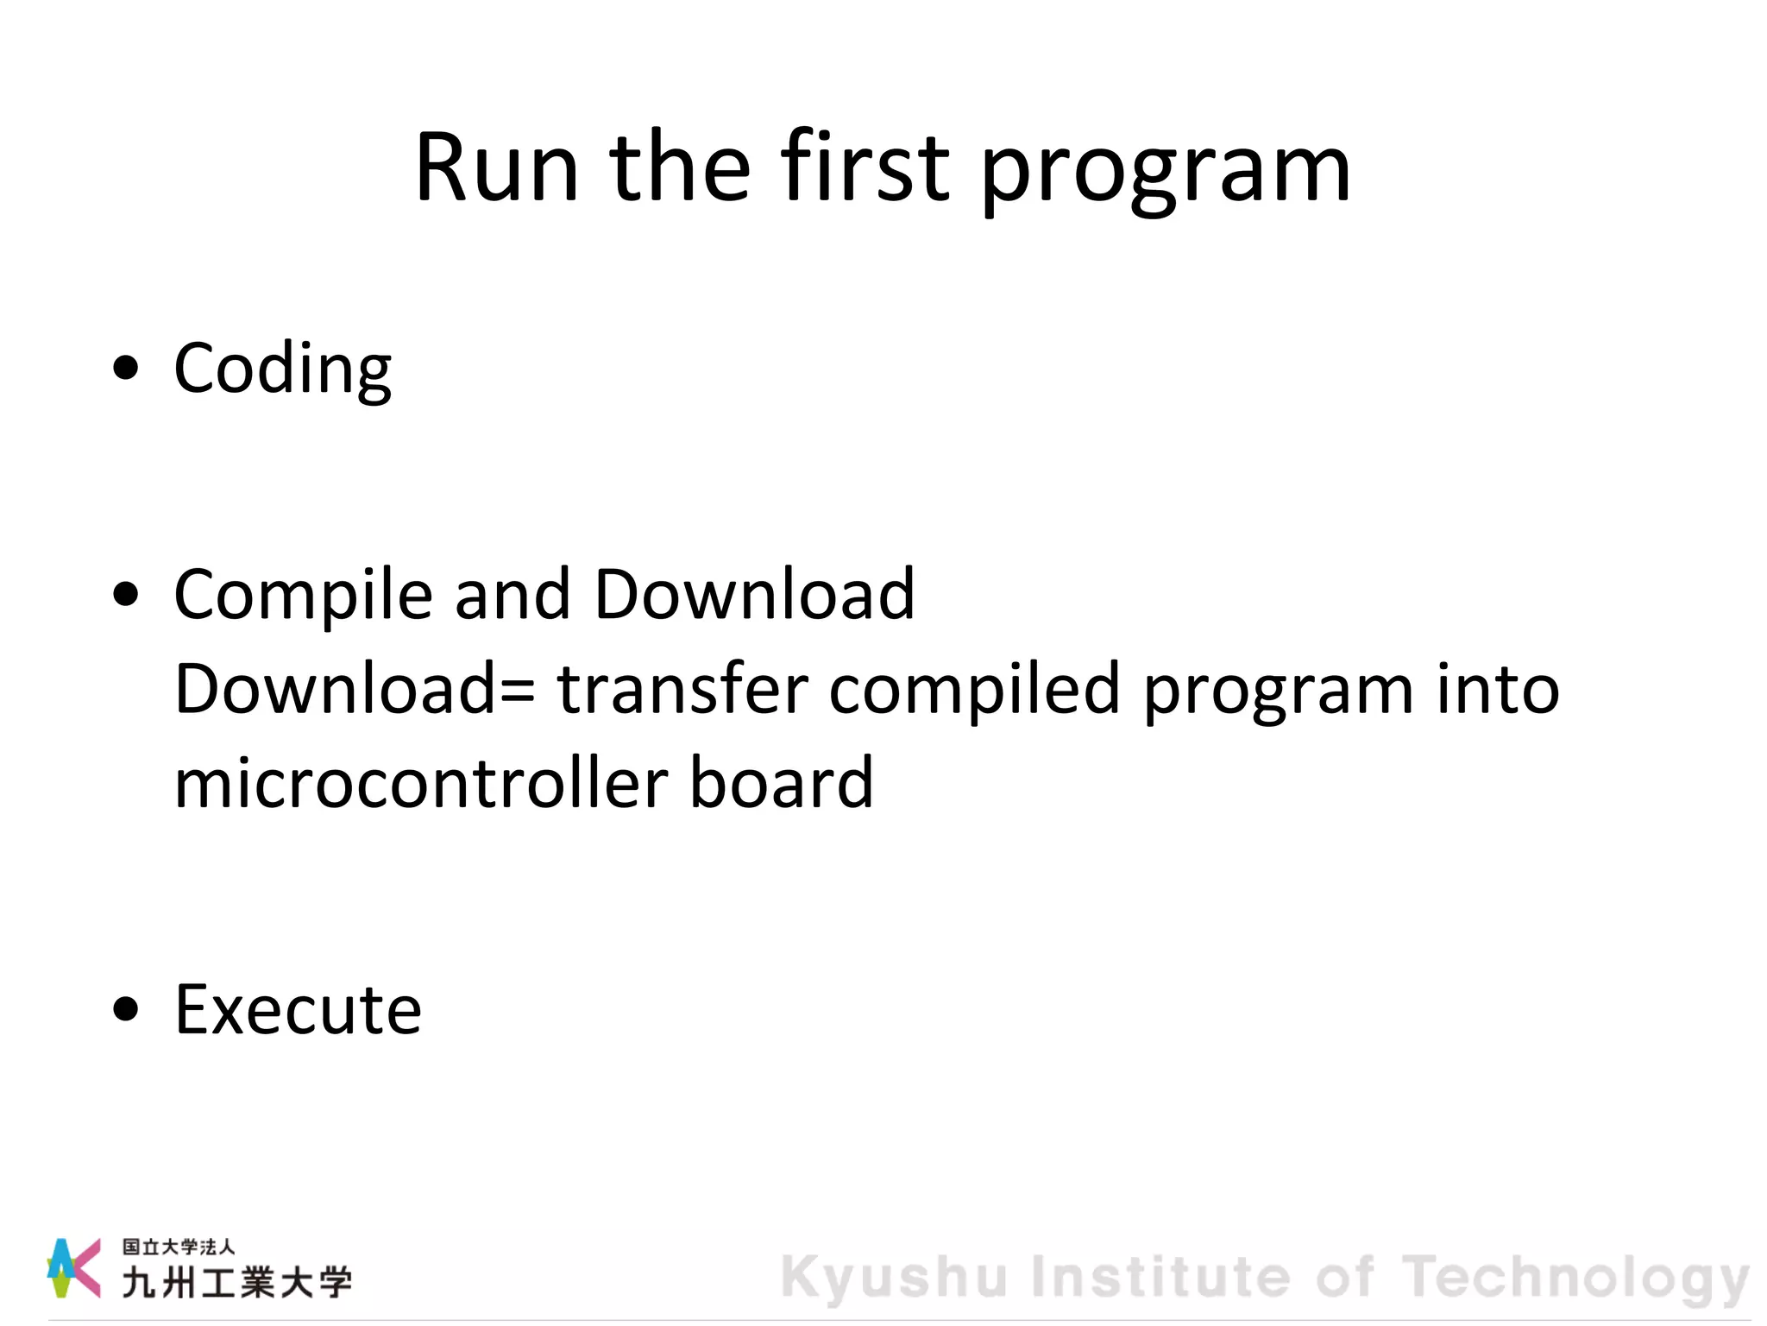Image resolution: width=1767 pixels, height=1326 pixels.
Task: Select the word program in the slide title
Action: click(x=1165, y=173)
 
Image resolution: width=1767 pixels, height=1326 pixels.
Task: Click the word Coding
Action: click(x=283, y=369)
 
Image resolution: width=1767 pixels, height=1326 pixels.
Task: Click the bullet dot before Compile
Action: click(x=126, y=595)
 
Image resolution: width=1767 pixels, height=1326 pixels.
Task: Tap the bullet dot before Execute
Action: click(x=126, y=1008)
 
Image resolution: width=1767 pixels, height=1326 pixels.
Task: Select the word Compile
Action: click(x=303, y=596)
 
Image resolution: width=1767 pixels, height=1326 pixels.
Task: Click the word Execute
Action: click(x=298, y=1009)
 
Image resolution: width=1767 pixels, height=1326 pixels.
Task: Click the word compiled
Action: click(x=974, y=691)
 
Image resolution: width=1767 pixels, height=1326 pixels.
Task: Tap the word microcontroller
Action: click(x=421, y=783)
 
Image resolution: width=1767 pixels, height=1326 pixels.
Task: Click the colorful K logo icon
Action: click(x=73, y=1267)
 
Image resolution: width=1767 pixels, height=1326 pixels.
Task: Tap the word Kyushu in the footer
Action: click(x=894, y=1278)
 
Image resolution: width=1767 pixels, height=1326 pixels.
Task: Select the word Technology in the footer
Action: click(x=1575, y=1279)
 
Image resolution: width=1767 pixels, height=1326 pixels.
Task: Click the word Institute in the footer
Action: click(x=1160, y=1277)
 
